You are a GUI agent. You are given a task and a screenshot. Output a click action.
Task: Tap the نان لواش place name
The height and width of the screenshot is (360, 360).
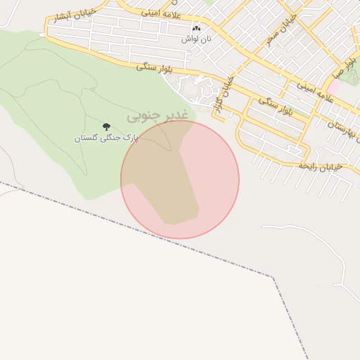(196, 39)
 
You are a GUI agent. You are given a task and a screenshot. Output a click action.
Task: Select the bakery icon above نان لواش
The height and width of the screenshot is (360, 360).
(196, 28)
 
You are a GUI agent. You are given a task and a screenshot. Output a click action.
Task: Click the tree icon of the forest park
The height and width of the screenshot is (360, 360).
(106, 127)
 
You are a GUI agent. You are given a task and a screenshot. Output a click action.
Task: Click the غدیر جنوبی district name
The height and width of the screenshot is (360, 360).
(157, 114)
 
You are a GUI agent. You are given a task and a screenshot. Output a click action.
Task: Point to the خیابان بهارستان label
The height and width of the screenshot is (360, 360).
(343, 127)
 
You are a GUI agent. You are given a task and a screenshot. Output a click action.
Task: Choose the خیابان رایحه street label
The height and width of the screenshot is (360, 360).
(320, 166)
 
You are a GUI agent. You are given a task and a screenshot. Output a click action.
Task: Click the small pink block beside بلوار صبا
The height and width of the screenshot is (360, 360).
(335, 85)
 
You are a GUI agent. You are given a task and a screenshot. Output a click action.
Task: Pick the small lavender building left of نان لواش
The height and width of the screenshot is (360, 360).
(163, 27)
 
